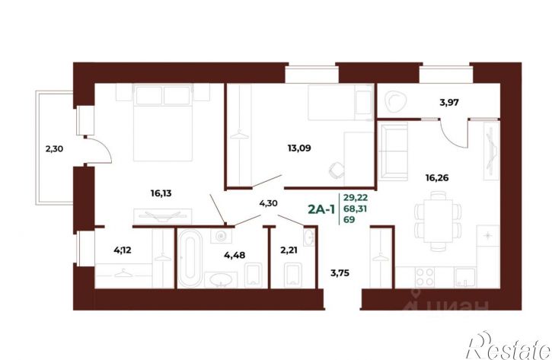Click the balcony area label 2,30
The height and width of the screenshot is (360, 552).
tap(54, 149)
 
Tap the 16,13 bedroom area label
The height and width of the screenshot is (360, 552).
tap(161, 193)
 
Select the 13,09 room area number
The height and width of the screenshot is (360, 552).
tap(299, 148)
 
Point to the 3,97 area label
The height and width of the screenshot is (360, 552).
tap(449, 103)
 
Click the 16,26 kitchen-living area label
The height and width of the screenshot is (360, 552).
tap(437, 177)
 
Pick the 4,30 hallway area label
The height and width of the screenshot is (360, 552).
tap(268, 203)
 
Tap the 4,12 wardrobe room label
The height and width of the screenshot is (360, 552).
tap(122, 250)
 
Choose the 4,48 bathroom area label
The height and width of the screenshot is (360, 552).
tap(235, 255)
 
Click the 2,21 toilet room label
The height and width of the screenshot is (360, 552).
tap(289, 250)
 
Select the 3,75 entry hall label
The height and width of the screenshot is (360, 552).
tap(340, 272)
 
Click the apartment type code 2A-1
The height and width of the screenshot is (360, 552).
tap(321, 209)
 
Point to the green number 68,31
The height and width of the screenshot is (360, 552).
tap(356, 209)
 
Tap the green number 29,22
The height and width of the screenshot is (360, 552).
tap(356, 198)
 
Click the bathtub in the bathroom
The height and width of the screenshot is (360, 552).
tap(190, 258)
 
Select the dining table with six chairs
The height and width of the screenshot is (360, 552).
tap(438, 221)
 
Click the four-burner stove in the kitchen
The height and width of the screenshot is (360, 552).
tap(425, 277)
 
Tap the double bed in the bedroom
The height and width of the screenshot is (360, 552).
tap(163, 123)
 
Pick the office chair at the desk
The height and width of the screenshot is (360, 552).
tap(337, 170)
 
